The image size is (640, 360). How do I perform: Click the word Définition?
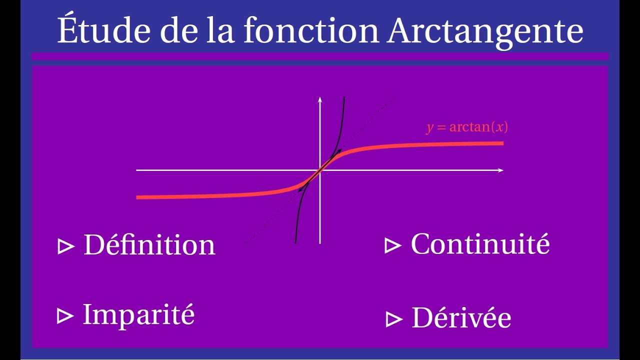(149, 245)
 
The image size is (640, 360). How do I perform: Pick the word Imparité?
(138, 314)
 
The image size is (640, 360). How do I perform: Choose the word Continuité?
(480, 244)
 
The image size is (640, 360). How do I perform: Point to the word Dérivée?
(461, 318)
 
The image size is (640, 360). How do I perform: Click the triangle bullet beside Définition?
(65, 246)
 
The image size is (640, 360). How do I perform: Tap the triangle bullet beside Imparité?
(65, 316)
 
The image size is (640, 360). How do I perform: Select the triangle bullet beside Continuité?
(393, 245)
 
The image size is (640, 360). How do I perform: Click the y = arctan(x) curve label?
(467, 127)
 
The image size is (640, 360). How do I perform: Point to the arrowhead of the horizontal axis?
(500, 170)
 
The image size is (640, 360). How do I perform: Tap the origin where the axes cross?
(320, 170)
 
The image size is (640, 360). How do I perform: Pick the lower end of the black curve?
(296, 242)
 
